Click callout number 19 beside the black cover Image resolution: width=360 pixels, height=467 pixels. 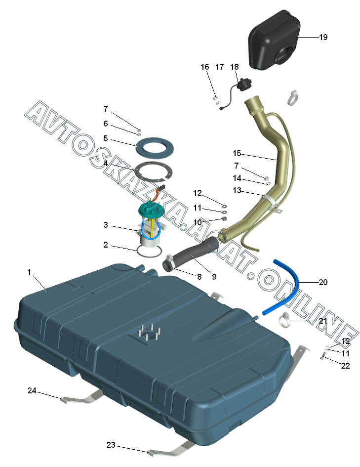[x=323, y=37]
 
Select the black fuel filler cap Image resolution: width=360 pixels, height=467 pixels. [x=243, y=86]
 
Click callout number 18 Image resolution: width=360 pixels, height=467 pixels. [x=234, y=67]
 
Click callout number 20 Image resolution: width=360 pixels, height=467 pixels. [x=323, y=283]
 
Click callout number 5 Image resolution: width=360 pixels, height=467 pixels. [x=106, y=138]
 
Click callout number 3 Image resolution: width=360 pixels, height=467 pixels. [x=106, y=225]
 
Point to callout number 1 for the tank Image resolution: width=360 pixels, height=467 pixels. [x=29, y=272]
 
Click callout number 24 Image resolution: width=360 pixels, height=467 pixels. [x=32, y=390]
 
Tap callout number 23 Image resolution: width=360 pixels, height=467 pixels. [x=111, y=445]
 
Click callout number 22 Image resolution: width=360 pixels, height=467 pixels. [x=345, y=366]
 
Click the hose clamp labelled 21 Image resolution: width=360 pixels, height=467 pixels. [x=287, y=321]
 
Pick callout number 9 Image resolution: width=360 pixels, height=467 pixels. [x=214, y=277]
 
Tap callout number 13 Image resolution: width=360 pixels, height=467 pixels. [x=237, y=190]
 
